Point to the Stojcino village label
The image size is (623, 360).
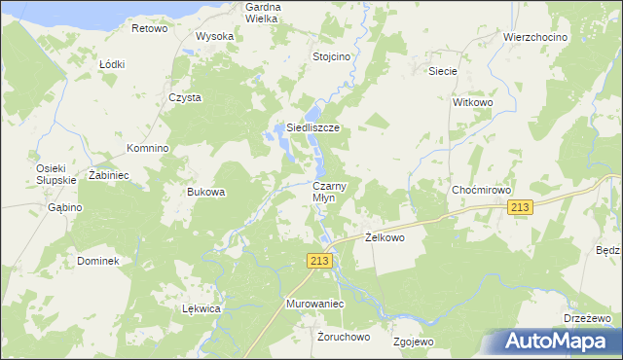click(x=331, y=56)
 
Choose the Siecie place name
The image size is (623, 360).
click(x=443, y=71)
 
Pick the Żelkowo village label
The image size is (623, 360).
click(x=384, y=236)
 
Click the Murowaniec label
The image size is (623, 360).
click(x=316, y=305)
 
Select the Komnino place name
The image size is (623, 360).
click(x=148, y=148)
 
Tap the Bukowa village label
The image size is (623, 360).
click(x=206, y=192)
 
